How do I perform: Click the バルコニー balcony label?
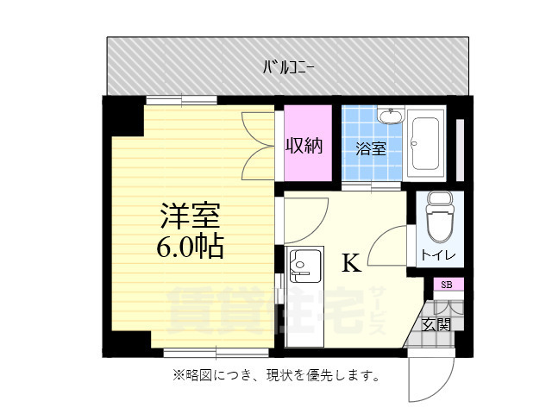(288, 66)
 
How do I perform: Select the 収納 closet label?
(304, 146)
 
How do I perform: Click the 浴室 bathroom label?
(371, 147)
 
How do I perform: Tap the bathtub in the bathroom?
(426, 142)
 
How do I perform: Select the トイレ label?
(440, 255)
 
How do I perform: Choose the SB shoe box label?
(447, 285)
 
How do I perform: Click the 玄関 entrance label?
(436, 325)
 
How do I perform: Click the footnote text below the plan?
(276, 376)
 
